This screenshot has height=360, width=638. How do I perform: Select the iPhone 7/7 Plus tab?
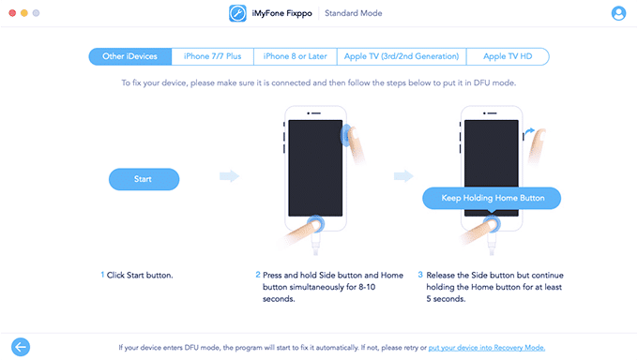point(212,56)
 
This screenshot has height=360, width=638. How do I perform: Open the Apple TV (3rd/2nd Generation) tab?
point(401,56)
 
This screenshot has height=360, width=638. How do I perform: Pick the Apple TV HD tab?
point(508,56)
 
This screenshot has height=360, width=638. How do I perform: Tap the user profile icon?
point(618,13)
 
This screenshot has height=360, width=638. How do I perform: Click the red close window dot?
point(12,13)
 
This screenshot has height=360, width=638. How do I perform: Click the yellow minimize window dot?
point(25,13)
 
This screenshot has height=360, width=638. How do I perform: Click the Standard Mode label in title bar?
point(354,13)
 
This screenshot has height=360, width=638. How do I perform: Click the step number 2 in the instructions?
point(258,275)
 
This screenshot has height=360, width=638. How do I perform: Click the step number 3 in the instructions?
point(420,275)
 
